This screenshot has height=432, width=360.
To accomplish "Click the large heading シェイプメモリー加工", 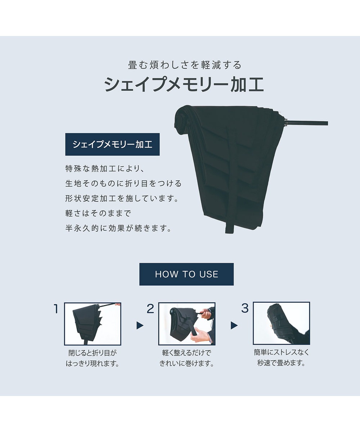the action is tap(184, 84).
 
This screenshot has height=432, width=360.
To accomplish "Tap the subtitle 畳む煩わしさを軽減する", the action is tap(185, 65).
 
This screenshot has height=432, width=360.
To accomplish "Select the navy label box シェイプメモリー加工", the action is tap(112, 144).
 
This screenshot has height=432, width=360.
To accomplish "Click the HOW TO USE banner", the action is tap(186, 274).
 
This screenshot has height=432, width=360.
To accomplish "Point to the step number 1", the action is tap(56, 309).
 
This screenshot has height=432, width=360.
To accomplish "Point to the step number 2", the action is tap(150, 309).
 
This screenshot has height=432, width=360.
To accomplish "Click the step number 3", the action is tap(245, 308).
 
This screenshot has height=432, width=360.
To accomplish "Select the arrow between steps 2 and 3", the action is tap(234, 325).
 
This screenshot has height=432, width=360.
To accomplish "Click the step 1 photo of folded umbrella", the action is tap(93, 324).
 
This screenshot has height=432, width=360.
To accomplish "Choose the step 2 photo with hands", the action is tap(187, 324).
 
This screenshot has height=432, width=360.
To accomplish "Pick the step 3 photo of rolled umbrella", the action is tap(282, 323).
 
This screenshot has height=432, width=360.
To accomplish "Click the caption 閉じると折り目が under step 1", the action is tap(93, 353).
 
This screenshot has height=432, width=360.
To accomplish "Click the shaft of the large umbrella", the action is tap(307, 123).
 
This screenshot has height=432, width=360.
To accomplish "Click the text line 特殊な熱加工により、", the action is tap(104, 168).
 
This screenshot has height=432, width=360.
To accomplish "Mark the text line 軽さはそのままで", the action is tap(98, 213).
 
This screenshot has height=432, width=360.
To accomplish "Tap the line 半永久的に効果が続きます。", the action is tap(118, 228).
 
